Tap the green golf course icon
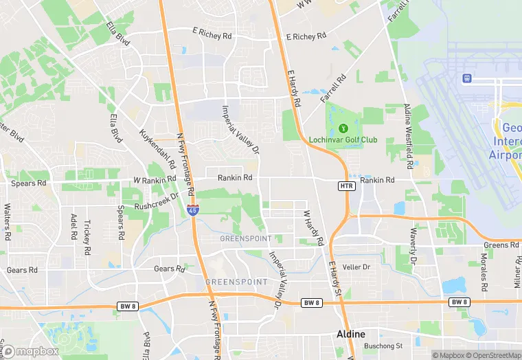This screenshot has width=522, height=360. pos(341,128)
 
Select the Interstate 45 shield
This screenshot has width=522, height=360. pos(194,210)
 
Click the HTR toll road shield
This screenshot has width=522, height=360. pos(346,186)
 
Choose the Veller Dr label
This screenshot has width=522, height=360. pos(356,267)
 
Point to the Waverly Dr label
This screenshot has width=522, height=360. pos(413,246)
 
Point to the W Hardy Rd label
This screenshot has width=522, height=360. pos(313,228)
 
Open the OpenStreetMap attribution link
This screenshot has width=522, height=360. pos(490,355)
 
